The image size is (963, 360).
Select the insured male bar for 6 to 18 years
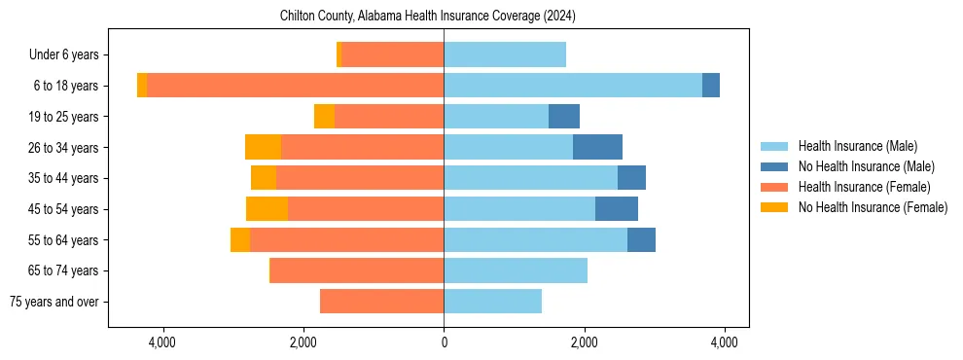(573, 86)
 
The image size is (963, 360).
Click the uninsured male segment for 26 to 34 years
(597, 147)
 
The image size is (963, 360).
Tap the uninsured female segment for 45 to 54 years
(267, 209)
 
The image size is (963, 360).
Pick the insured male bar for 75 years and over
(492, 302)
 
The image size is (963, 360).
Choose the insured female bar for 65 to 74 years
(357, 270)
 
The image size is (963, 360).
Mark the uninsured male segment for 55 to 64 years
(641, 240)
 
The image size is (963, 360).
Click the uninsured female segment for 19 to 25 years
(324, 117)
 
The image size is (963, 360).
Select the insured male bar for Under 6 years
(505, 55)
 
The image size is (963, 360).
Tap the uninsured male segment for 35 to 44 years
(631, 178)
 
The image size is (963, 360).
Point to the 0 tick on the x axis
(444, 342)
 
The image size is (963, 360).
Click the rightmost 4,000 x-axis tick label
(724, 342)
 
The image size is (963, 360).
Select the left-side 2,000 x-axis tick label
(303, 342)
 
